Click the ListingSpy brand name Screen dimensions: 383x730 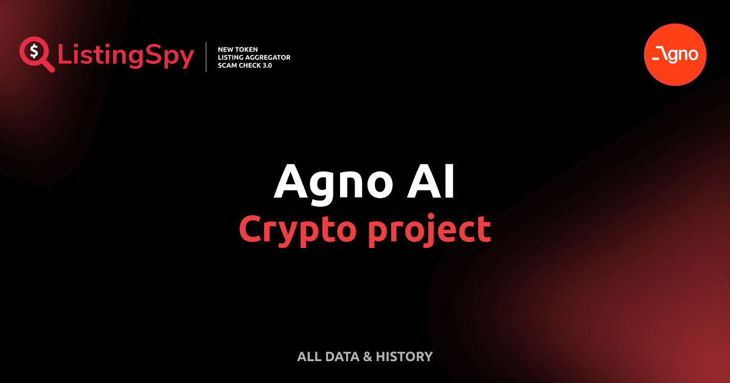click(126, 56)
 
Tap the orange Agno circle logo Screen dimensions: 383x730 click(675, 55)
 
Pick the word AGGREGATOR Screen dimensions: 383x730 click(271, 57)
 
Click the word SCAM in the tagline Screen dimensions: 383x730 click(228, 65)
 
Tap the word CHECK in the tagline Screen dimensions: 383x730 click(252, 65)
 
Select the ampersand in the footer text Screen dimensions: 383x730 click(367, 357)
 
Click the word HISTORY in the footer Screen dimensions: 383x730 click(404, 357)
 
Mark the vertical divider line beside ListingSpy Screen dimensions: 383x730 click(207, 57)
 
